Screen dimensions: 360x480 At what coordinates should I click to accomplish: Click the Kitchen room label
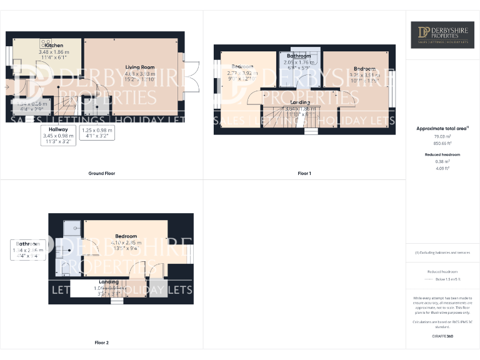click(54, 46)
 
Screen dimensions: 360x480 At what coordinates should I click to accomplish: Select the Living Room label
click(139, 67)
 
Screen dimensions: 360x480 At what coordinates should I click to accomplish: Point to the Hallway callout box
click(54, 135)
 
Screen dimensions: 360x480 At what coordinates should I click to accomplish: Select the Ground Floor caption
click(101, 173)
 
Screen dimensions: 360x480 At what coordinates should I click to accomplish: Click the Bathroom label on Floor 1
click(298, 56)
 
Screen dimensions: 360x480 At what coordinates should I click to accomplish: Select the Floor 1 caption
click(304, 173)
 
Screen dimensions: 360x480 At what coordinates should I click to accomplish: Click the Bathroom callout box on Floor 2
click(27, 249)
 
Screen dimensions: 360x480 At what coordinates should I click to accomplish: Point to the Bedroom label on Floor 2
click(126, 236)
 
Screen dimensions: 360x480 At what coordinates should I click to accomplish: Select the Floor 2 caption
click(101, 342)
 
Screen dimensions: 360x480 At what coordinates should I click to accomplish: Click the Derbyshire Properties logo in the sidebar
click(442, 35)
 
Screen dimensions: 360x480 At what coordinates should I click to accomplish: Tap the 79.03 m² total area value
click(442, 136)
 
